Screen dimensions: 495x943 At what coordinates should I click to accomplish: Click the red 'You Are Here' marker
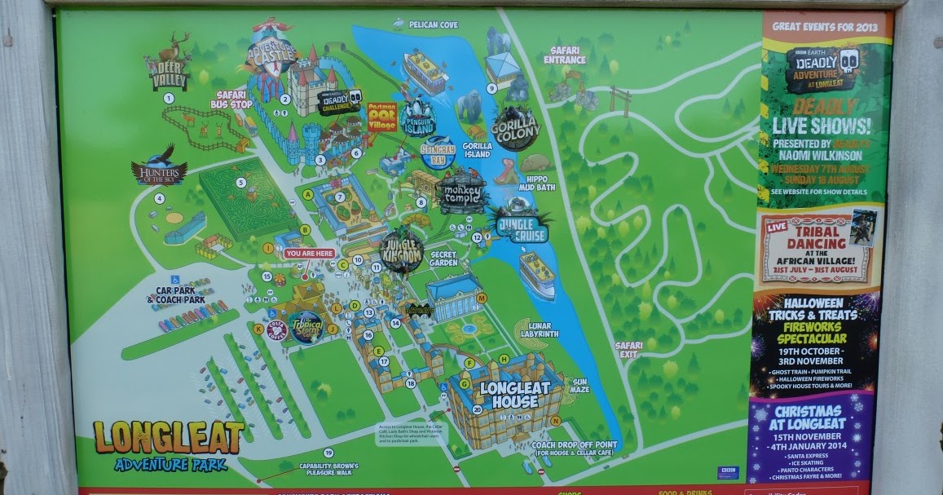click(x=310, y=254)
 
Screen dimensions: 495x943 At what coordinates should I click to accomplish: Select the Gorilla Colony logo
click(x=515, y=128)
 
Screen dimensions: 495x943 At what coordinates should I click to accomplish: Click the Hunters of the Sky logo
click(x=159, y=168)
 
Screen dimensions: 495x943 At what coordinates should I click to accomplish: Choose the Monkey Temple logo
click(x=462, y=192)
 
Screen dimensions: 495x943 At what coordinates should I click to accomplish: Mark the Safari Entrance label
click(x=566, y=55)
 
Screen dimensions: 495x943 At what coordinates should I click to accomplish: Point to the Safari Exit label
click(x=628, y=350)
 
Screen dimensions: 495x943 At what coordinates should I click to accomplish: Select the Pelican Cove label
click(x=433, y=25)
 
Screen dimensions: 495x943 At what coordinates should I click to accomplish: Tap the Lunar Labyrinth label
click(x=539, y=329)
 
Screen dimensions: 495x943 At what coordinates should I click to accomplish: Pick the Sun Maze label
click(x=579, y=386)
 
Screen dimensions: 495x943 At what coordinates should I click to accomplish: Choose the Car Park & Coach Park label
click(x=175, y=294)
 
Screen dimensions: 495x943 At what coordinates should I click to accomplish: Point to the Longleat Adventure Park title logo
click(x=168, y=444)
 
